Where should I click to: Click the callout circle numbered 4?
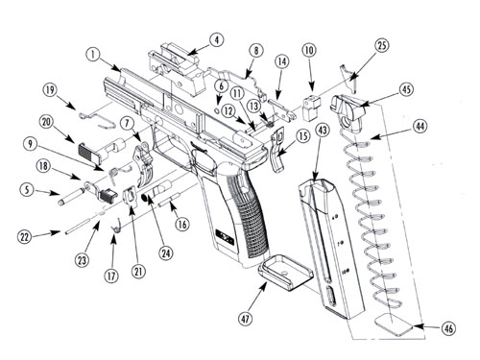click(217, 40)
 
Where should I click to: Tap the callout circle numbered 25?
click(381, 45)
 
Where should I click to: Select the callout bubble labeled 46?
click(449, 328)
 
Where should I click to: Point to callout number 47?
click(246, 319)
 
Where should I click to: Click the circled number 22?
click(25, 237)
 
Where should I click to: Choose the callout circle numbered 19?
click(50, 90)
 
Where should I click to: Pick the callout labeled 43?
click(323, 130)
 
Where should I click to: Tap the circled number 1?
click(93, 55)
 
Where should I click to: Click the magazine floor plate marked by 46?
click(394, 324)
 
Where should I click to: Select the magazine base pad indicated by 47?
click(285, 272)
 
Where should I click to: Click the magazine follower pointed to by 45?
click(348, 112)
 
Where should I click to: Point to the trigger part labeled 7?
click(143, 165)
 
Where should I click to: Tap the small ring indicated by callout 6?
click(216, 110)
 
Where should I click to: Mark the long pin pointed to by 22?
click(79, 227)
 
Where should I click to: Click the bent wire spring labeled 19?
click(97, 116)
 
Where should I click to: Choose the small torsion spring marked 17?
click(117, 226)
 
